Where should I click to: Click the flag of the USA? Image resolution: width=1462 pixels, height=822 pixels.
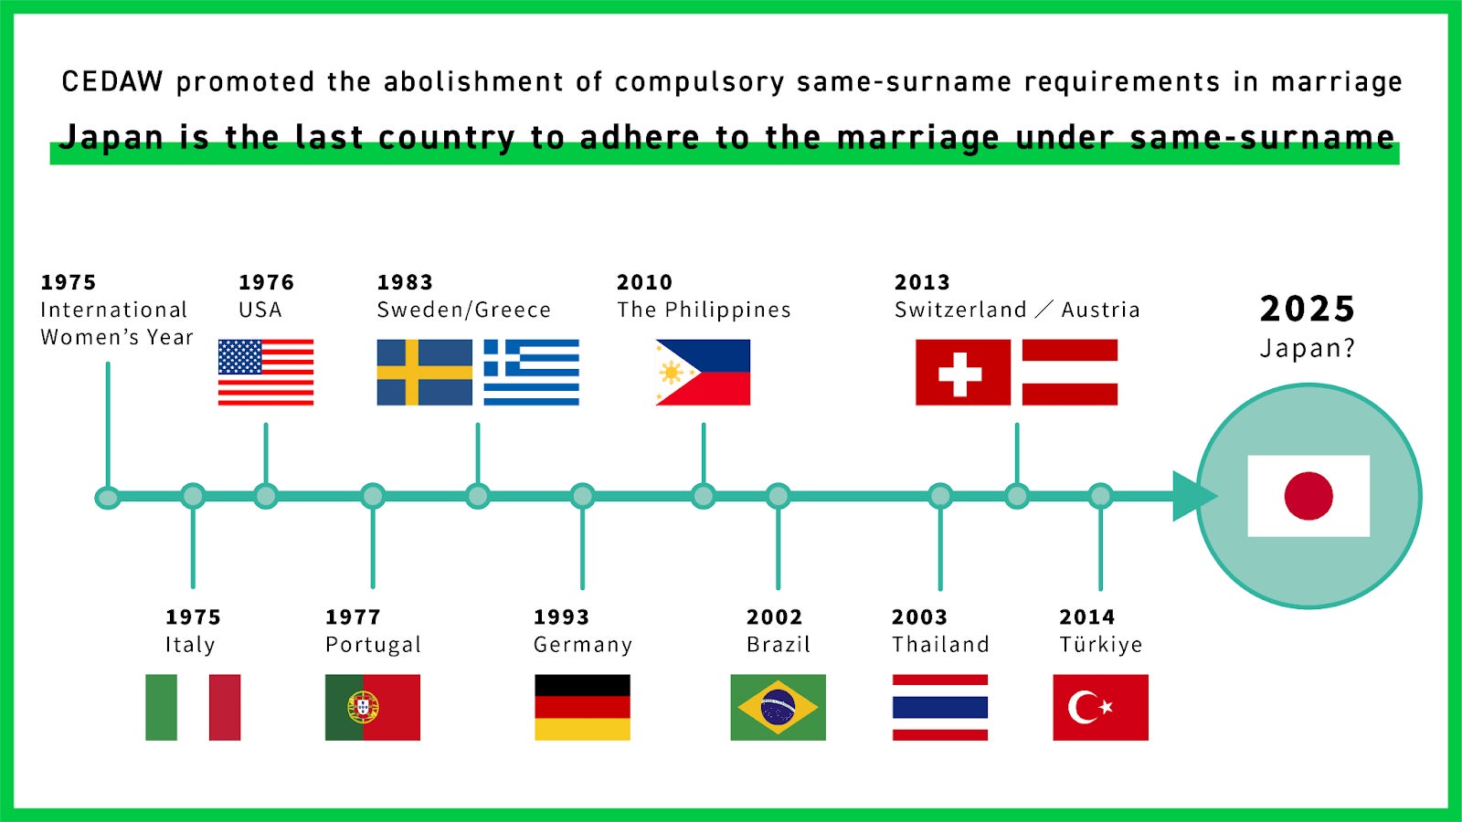click(266, 373)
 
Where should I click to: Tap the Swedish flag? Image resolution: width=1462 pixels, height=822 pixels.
click(425, 373)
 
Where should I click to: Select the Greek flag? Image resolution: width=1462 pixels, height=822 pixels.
click(531, 373)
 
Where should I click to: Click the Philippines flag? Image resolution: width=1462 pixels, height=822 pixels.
click(703, 373)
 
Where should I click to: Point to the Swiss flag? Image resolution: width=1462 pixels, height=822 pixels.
click(963, 373)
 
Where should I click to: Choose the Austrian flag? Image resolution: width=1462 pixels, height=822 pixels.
click(1070, 373)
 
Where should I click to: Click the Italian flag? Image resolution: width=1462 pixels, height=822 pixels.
click(193, 708)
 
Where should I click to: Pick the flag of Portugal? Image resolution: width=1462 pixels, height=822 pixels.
click(373, 708)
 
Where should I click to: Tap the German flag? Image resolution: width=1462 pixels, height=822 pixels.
click(583, 708)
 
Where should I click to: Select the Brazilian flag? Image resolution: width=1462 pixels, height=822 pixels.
click(778, 708)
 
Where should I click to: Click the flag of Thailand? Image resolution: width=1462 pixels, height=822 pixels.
click(940, 708)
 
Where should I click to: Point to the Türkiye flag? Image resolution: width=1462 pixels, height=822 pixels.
click(1100, 708)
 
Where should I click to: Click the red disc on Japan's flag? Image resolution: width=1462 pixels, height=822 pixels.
click(1308, 496)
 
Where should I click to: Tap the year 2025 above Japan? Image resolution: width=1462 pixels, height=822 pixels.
click(1308, 309)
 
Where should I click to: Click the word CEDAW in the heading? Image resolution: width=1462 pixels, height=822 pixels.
click(111, 82)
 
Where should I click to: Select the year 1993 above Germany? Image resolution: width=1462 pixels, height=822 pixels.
click(561, 616)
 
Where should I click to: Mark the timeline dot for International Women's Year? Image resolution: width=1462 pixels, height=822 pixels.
click(108, 498)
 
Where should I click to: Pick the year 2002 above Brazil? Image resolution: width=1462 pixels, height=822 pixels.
click(774, 616)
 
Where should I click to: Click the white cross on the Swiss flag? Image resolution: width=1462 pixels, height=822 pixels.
click(960, 374)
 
